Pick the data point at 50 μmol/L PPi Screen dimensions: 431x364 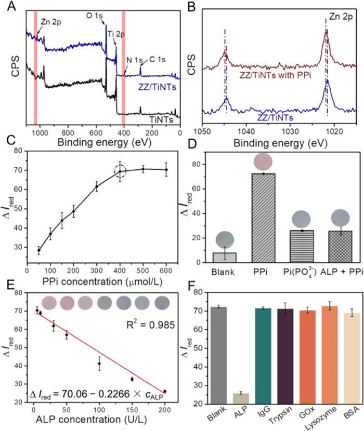pyautogui.click(x=38, y=250)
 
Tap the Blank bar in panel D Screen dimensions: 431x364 pyautogui.click(x=221, y=257)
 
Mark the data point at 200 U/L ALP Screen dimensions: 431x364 pyautogui.click(x=165, y=391)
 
